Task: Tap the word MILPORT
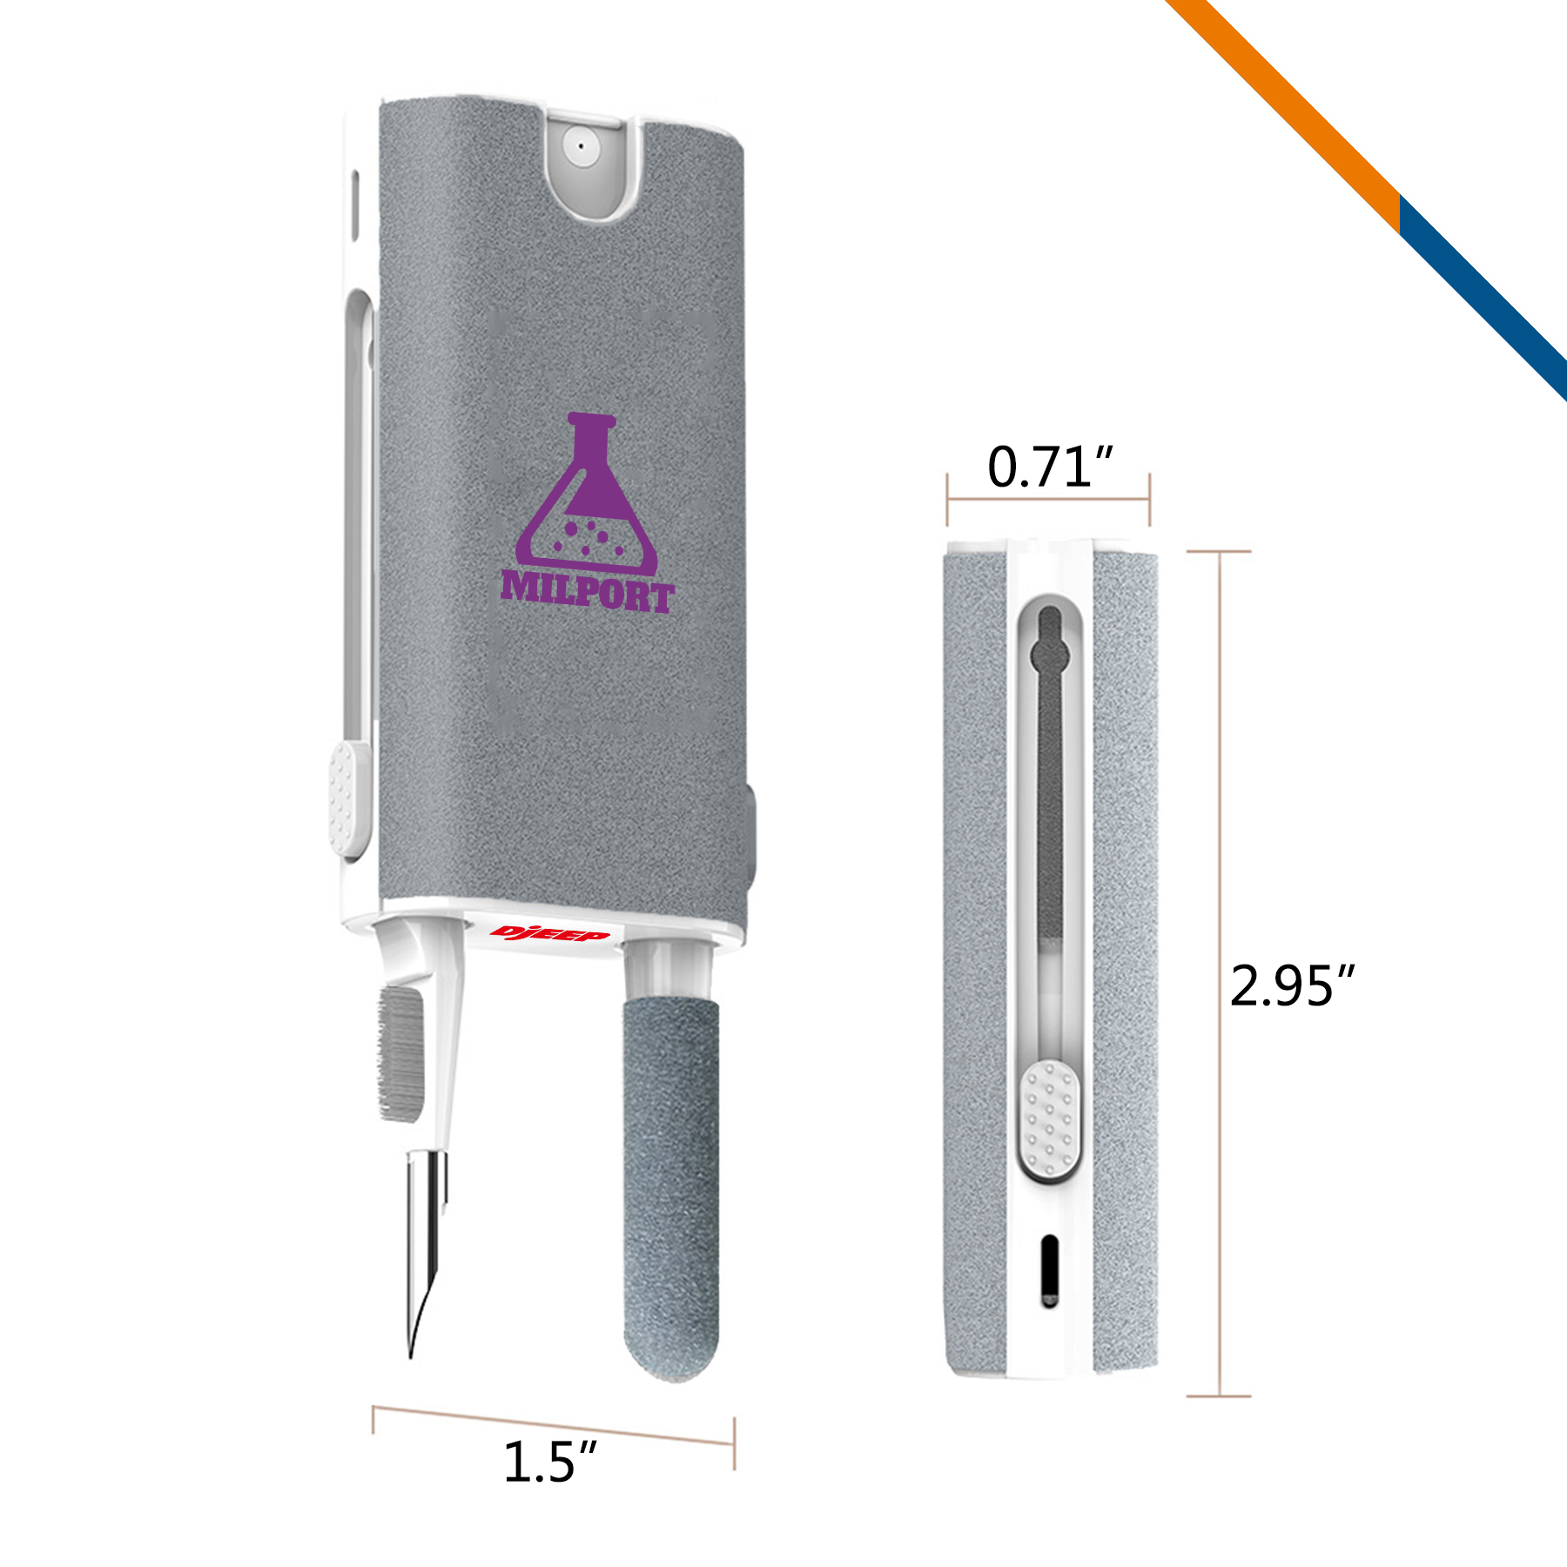[588, 592]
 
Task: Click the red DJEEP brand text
[549, 934]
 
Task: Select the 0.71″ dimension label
[1050, 467]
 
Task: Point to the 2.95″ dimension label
[1293, 985]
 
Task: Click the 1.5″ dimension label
[550, 1462]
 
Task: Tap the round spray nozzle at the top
[581, 146]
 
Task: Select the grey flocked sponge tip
[671, 1189]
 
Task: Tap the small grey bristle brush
[400, 1054]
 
